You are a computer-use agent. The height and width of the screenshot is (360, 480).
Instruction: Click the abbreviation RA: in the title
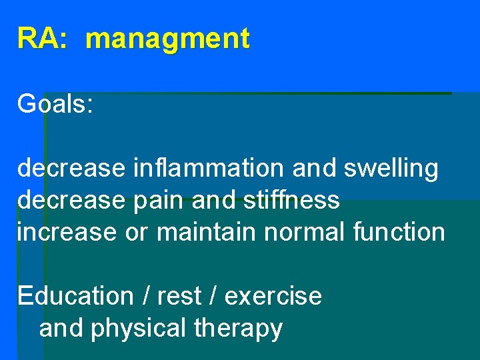(x=42, y=39)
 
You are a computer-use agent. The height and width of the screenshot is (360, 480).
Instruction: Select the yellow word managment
(x=167, y=39)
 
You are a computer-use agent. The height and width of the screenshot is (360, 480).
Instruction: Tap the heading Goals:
(x=55, y=104)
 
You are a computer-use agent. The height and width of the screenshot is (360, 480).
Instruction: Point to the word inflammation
(x=209, y=169)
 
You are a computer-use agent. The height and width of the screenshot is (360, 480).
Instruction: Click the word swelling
(x=391, y=169)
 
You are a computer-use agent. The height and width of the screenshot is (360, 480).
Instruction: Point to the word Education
(x=75, y=295)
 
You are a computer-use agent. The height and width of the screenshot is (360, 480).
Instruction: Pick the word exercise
(x=273, y=296)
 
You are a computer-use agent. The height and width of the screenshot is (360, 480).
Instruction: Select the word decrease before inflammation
(x=71, y=169)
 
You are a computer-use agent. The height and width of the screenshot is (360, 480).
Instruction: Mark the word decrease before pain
(x=71, y=200)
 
